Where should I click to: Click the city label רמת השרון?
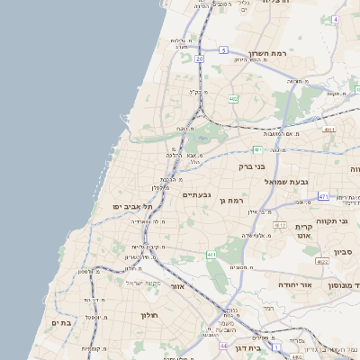tap(269, 54)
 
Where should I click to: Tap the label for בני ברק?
tap(253, 166)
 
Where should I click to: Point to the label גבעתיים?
tap(196, 195)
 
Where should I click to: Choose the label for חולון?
tap(149, 315)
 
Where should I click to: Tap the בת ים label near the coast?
tap(61, 323)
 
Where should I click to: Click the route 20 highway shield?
tap(199, 58)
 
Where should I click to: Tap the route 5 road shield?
tap(222, 50)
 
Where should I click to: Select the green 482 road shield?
tap(233, 99)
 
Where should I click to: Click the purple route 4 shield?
tap(335, 19)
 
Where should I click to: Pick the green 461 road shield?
tap(211, 256)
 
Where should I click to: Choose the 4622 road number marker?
tap(321, 262)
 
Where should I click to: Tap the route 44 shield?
tap(222, 346)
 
